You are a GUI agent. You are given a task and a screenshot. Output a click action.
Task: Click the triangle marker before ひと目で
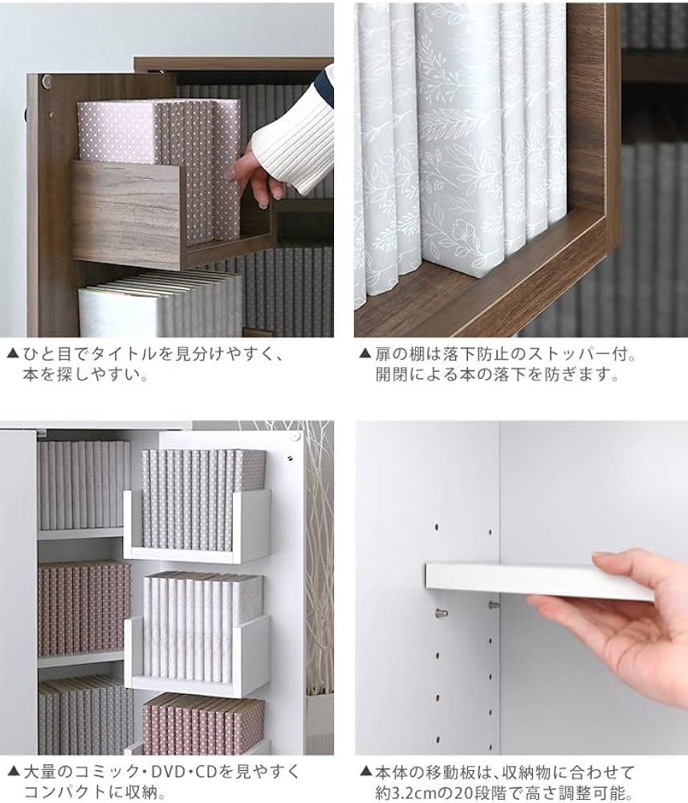click(12, 353)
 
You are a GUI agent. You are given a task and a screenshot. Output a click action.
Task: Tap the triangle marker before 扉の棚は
click(365, 353)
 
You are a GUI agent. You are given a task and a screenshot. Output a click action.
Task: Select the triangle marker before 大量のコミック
click(12, 772)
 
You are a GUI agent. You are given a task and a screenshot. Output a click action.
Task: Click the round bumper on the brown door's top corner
click(47, 81)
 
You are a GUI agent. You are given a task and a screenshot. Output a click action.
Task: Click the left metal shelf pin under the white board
click(440, 613)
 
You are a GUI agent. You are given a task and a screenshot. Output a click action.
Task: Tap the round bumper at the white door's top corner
click(295, 438)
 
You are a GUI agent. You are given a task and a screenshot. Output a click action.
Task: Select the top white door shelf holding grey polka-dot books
click(197, 526)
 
